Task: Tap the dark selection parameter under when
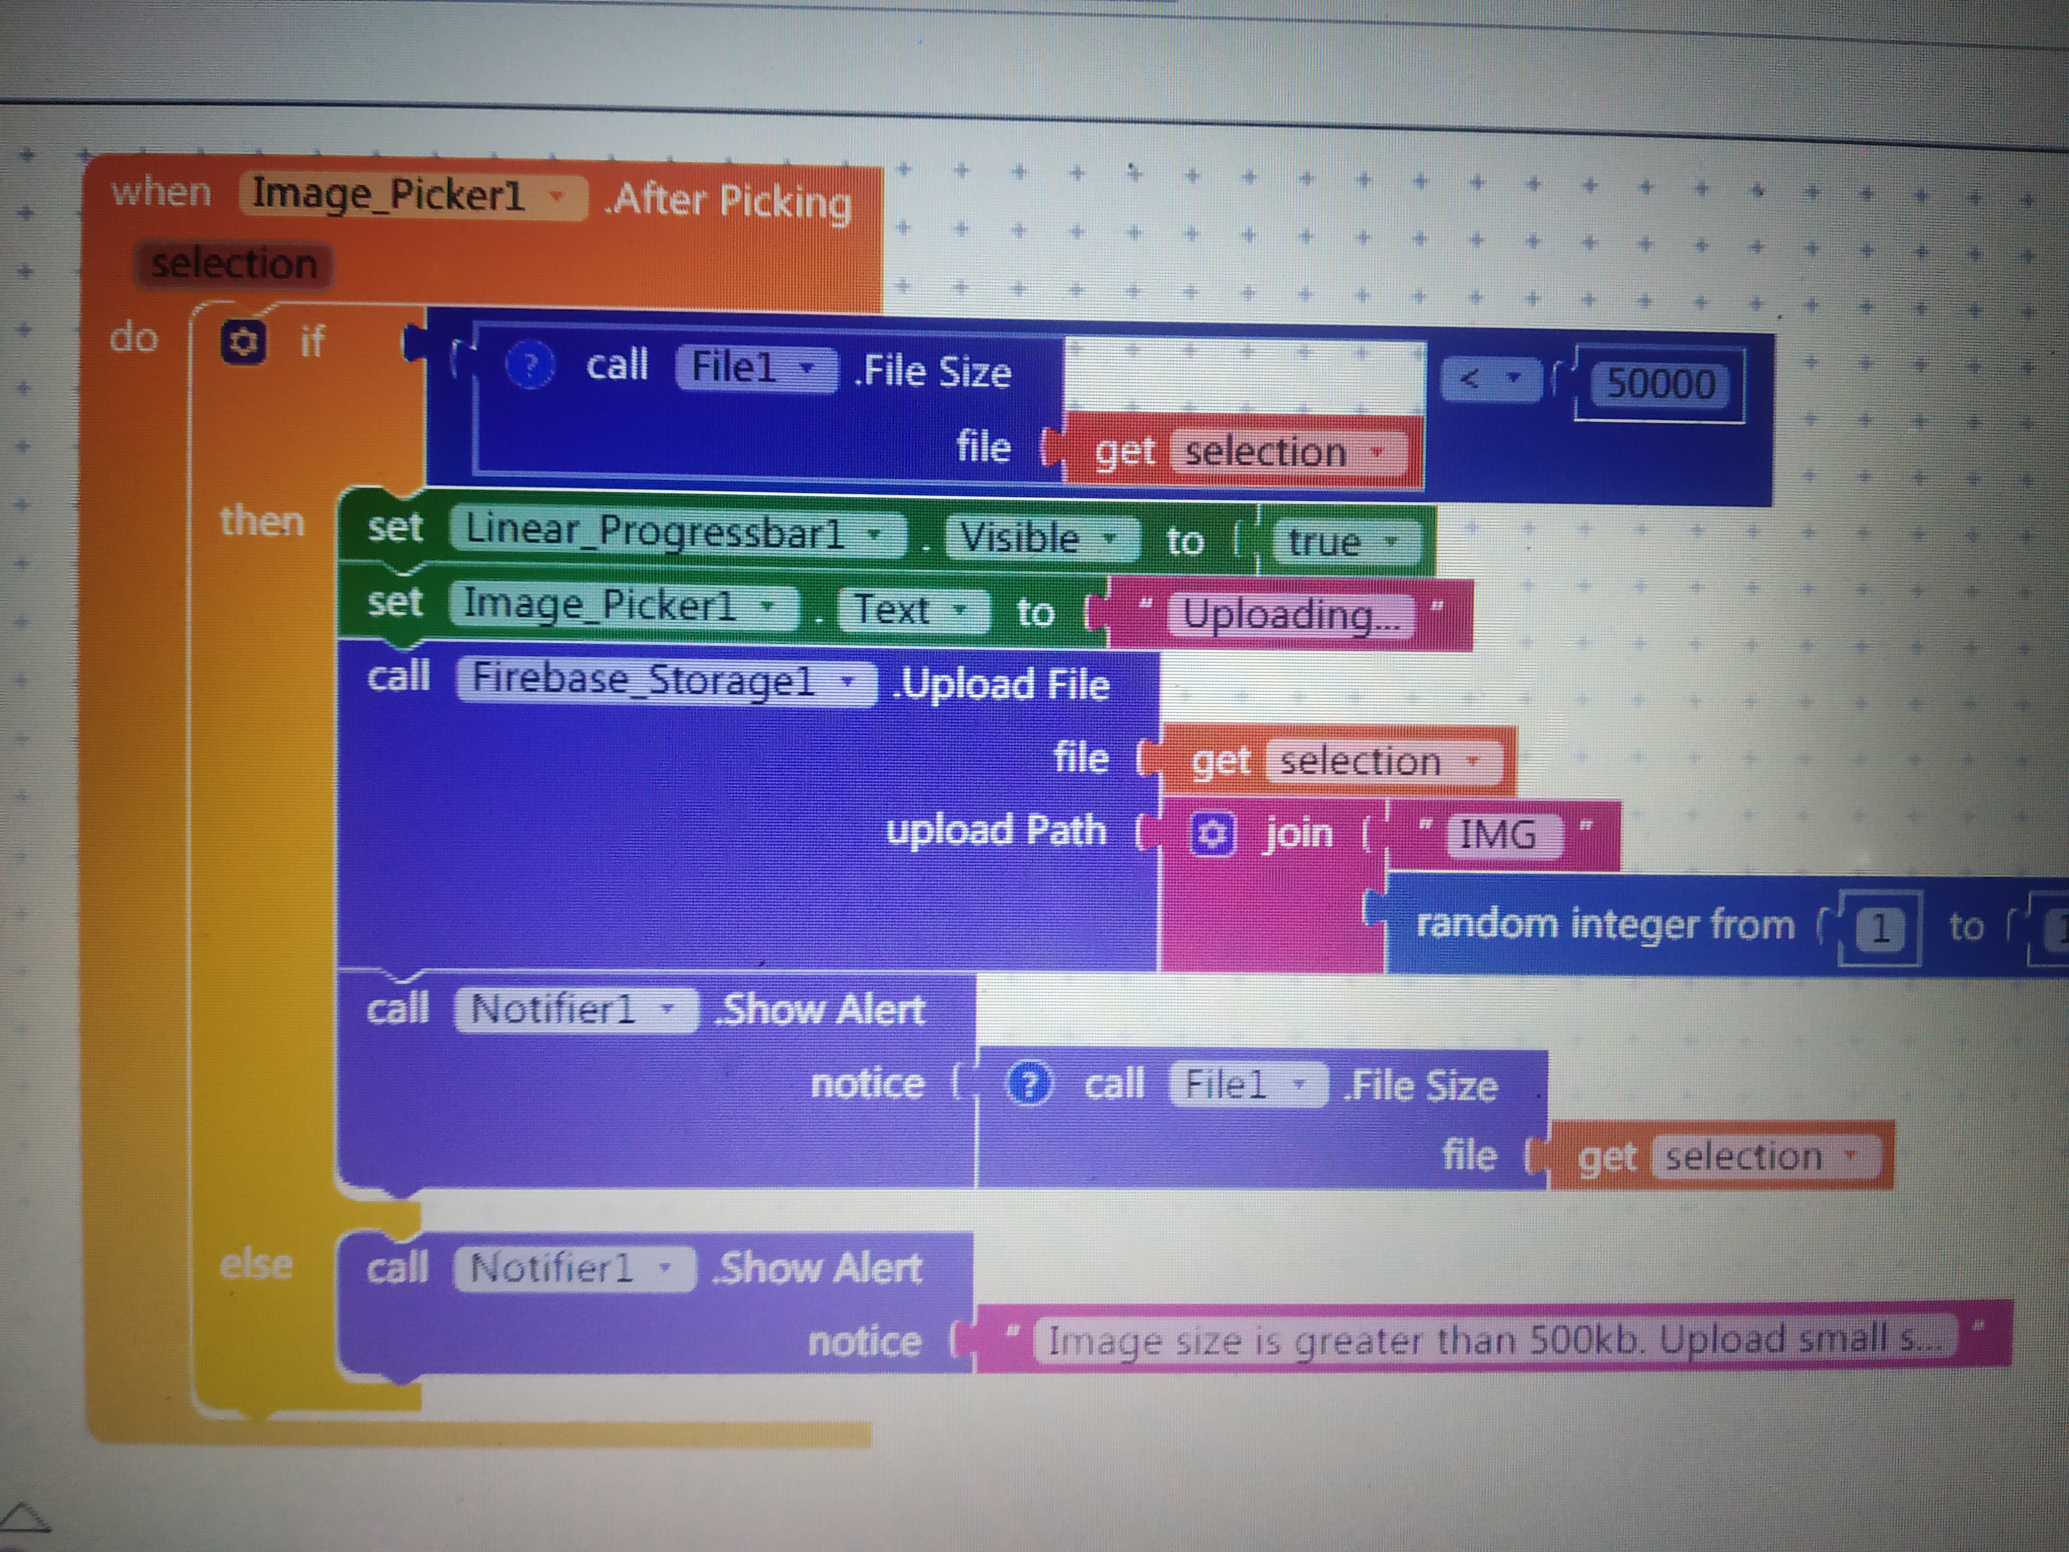pos(234,265)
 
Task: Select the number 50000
pos(1660,383)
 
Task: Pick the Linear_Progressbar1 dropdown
pos(676,533)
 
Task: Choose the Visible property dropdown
pos(1040,539)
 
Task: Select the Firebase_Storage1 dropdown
pos(664,680)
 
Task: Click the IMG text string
pos(1498,833)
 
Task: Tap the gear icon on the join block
pos(1213,833)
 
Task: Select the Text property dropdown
pos(912,610)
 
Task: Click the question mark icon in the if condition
pos(530,365)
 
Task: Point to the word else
pos(256,1265)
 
